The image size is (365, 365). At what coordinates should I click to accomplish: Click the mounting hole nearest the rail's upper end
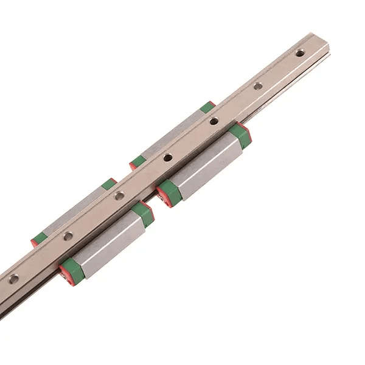pos(300,53)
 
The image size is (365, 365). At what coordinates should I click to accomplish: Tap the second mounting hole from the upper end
pos(258,86)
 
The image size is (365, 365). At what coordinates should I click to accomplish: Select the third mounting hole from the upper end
pos(214,121)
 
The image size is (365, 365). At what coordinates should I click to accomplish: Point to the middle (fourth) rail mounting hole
pos(168,158)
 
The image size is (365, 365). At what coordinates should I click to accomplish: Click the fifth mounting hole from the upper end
pos(120,195)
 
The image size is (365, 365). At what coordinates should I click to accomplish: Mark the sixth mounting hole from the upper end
pos(68,235)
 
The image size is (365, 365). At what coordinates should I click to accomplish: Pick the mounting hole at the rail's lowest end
pos(13,279)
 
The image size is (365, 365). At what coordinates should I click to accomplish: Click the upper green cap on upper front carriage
pos(240,136)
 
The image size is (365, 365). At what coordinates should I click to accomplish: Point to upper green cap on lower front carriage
pos(144,214)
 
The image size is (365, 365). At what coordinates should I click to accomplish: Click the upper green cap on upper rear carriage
pos(207,107)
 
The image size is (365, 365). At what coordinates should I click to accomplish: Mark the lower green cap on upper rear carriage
pos(139,161)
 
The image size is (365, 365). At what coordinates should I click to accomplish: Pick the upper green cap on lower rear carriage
pos(109,184)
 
